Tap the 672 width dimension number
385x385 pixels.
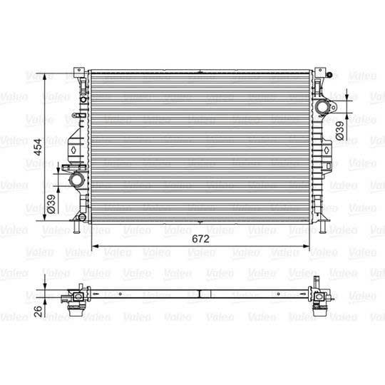pos(201,239)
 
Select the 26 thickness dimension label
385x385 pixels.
pos(38,311)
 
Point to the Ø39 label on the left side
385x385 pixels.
pos(51,204)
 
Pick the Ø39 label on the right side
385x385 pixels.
pos(340,130)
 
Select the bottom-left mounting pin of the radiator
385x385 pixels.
pos(76,228)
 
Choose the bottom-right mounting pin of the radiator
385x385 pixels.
pos(325,228)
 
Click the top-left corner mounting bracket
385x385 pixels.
pos(76,73)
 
